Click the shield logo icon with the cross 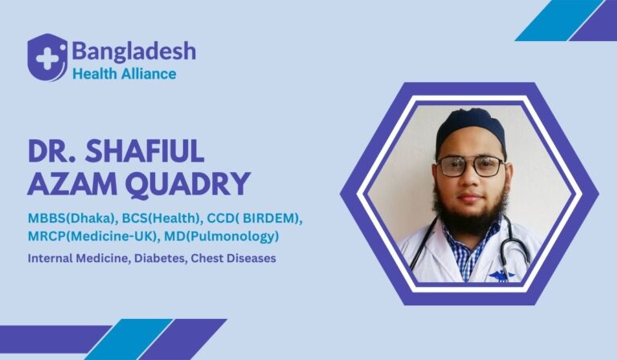[x=47, y=57]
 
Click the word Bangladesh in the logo [x=133, y=51]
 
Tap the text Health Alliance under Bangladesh [x=124, y=73]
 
